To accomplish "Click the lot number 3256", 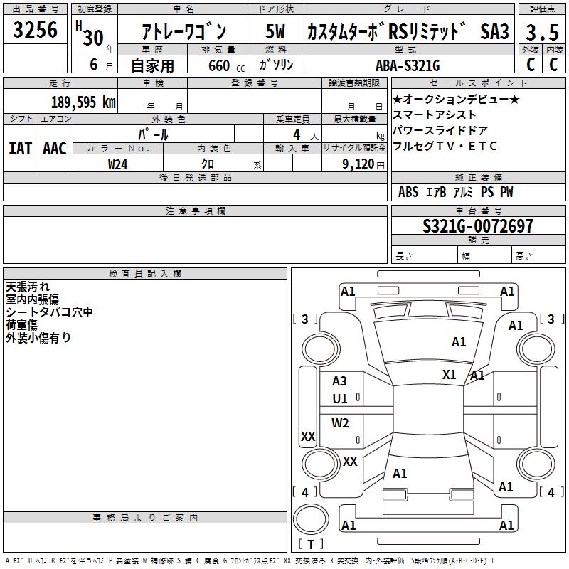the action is coord(35,30).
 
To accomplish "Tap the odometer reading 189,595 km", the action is coord(83,102).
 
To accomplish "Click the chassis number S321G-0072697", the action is coord(477,227).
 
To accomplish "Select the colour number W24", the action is coord(118,164).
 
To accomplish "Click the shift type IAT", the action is coord(20,149).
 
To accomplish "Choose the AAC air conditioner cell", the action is coord(55,149).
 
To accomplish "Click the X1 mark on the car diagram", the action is coord(450,374).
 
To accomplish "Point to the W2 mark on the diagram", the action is coord(341,423).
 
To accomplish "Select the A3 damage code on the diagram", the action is coord(340,382).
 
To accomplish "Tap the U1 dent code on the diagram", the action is coord(340,399).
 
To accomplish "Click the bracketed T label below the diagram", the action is coord(311,544).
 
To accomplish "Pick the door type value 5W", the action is coord(275,32).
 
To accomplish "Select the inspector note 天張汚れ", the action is coord(28,287).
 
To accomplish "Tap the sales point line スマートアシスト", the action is coord(435,115).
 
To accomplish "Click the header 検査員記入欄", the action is coord(145,274).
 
